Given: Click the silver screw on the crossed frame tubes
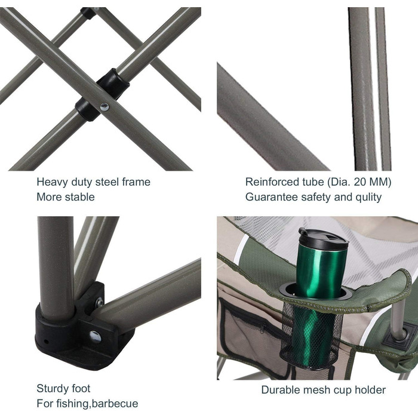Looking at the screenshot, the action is [105, 107].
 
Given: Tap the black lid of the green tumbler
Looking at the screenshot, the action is [324, 239].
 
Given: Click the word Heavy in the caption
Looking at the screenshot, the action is [53, 183].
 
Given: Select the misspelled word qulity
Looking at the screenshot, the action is [368, 198].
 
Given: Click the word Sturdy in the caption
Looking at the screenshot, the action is [53, 389].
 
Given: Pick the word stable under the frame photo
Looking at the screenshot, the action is [79, 197].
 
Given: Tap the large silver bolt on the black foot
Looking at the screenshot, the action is [96, 336].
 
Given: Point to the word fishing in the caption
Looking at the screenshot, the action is [72, 404].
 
